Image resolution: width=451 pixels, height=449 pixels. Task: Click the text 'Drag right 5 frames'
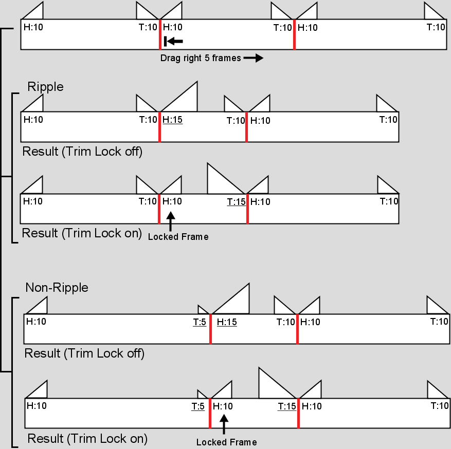(x=201, y=58)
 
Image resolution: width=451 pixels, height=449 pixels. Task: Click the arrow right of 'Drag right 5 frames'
(x=253, y=58)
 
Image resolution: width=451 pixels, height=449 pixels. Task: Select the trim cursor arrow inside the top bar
(x=173, y=42)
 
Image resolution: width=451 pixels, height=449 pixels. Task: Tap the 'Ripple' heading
(x=45, y=87)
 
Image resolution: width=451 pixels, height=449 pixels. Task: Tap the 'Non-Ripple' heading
(x=57, y=288)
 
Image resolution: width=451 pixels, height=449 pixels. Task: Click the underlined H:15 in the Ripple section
(x=173, y=120)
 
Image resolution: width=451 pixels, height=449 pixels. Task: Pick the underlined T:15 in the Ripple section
(x=237, y=202)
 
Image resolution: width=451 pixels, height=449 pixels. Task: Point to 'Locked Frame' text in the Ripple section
(x=178, y=237)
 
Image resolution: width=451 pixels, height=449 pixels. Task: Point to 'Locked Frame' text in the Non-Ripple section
(x=227, y=442)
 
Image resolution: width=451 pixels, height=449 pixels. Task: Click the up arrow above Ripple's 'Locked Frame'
(x=171, y=221)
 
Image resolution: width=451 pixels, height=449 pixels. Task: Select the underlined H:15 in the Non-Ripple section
(x=227, y=322)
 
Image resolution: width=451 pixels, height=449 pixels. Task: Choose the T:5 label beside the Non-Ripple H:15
(x=200, y=322)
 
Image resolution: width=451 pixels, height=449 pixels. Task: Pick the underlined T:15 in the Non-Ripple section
(x=287, y=406)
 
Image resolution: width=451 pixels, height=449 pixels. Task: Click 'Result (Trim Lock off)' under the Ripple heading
(x=82, y=152)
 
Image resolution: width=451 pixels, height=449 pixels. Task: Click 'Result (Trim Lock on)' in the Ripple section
(x=82, y=233)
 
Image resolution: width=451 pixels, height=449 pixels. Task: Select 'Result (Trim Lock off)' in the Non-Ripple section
(x=84, y=353)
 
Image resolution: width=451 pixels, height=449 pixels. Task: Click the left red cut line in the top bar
(x=160, y=34)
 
